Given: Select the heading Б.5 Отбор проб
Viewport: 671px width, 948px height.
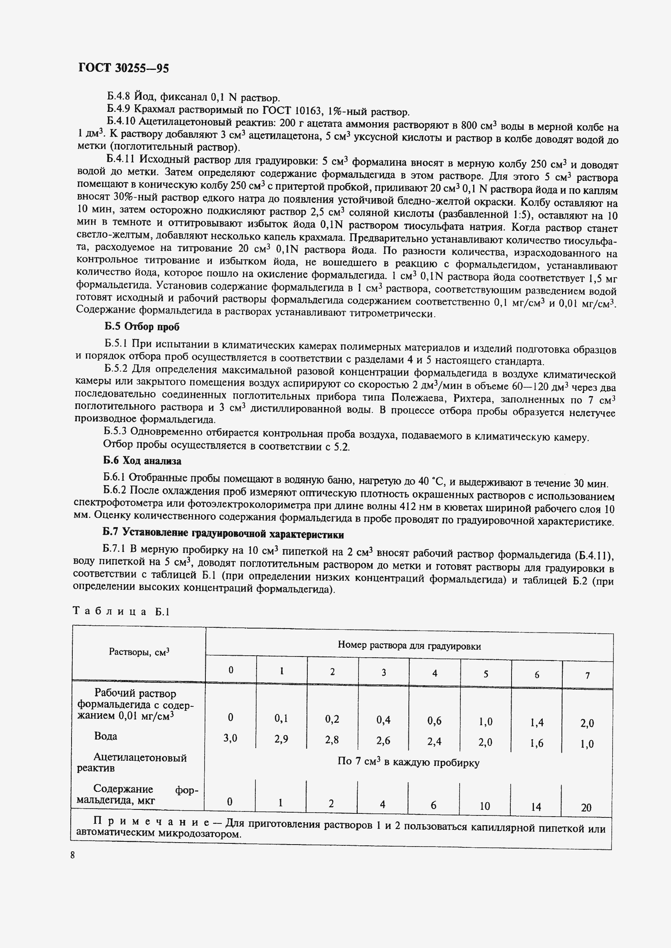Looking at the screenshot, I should click(x=142, y=327).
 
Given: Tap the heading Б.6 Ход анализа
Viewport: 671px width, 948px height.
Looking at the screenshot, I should click(x=142, y=460).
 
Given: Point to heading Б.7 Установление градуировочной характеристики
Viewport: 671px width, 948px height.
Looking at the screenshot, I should click(x=223, y=534).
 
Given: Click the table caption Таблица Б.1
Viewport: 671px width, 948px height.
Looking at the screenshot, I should click(x=121, y=611).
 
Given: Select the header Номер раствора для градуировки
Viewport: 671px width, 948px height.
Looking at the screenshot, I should click(x=409, y=646).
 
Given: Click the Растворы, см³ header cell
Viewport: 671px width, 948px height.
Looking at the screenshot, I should click(x=139, y=652).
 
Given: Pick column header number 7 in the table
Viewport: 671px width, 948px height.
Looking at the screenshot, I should click(x=587, y=676).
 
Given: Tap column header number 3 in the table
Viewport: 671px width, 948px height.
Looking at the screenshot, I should click(x=383, y=672).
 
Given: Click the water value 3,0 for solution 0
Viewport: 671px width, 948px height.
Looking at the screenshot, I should click(x=230, y=738).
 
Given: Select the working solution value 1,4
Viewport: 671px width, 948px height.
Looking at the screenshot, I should click(x=536, y=722).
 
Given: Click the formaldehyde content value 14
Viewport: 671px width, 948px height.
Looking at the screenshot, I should click(x=536, y=807).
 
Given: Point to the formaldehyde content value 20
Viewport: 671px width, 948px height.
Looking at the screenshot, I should click(x=586, y=807).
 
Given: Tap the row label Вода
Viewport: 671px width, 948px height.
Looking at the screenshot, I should click(x=106, y=736).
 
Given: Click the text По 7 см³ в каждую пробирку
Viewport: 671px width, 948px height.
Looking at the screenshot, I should click(x=408, y=762).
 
